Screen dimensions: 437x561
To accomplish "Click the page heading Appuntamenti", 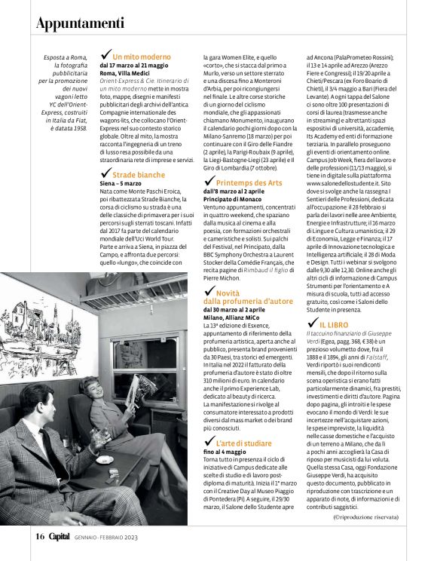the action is [81, 23].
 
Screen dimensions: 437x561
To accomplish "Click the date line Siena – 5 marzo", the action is [121, 183].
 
